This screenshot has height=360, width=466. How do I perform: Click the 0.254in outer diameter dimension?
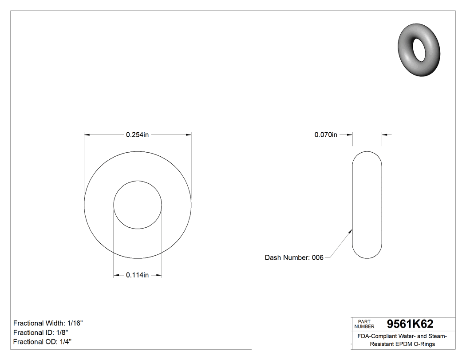point(137,135)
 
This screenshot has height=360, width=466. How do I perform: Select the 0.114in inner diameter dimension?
point(137,275)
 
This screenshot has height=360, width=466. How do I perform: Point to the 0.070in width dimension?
point(326,135)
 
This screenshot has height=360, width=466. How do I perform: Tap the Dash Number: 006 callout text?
point(294,257)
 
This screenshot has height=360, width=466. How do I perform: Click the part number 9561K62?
point(410,324)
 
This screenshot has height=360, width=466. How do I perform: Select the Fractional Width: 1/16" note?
point(48,323)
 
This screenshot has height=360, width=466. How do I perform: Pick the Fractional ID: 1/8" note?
point(40,332)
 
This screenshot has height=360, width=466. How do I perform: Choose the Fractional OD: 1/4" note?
point(42,342)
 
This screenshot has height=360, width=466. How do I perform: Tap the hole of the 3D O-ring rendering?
point(419,49)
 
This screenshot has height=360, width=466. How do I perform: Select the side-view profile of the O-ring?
point(367,205)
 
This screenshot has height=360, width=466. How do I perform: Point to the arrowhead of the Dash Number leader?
point(351,230)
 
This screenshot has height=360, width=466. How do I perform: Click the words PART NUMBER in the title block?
point(364,324)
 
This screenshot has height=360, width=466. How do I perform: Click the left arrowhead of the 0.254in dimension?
point(87,135)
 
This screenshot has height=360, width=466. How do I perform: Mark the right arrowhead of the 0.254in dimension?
point(189,135)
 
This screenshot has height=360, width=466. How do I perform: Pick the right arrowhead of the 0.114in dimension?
point(159,276)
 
